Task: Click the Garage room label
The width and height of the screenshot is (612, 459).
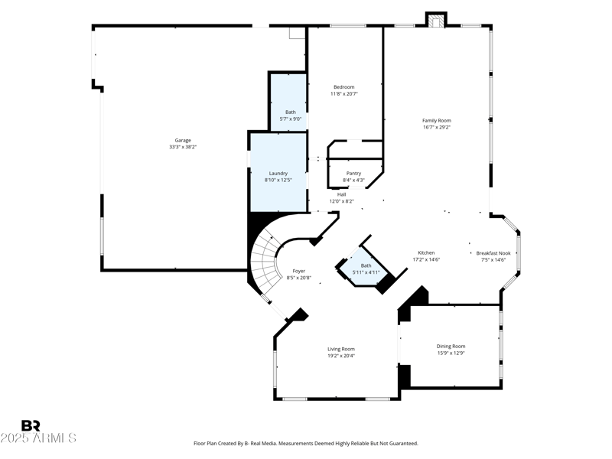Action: (x=183, y=140)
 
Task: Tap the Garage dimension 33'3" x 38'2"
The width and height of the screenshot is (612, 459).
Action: (x=183, y=147)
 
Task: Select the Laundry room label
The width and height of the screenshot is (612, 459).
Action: (x=278, y=173)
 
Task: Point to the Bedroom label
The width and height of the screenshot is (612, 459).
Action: (x=343, y=86)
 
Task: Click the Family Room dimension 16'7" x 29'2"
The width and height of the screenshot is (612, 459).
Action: (x=437, y=128)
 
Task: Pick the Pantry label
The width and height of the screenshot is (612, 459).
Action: (x=353, y=173)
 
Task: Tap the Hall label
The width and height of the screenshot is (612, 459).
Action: (x=342, y=194)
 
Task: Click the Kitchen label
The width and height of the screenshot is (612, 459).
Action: (x=426, y=252)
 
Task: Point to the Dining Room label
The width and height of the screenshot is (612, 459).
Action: (x=451, y=346)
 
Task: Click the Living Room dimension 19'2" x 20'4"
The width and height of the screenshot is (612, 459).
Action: (x=341, y=356)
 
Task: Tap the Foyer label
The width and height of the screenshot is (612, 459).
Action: (x=299, y=271)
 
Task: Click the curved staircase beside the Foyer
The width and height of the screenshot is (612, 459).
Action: (x=265, y=260)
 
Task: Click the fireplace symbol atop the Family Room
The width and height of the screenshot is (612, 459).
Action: (x=436, y=21)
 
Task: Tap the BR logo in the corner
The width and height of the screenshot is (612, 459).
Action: (x=31, y=425)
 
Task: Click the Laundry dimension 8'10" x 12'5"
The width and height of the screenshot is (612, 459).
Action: (x=278, y=181)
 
